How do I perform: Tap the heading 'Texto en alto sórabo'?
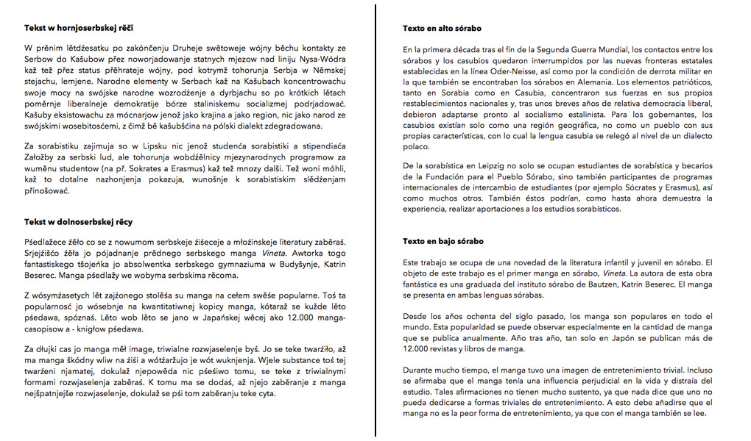click(x=442, y=29)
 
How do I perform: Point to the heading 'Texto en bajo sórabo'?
click(x=443, y=242)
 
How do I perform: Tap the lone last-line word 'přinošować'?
click(x=48, y=191)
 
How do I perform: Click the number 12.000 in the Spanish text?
click(x=415, y=349)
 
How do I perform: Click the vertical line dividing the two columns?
click(x=376, y=220)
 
